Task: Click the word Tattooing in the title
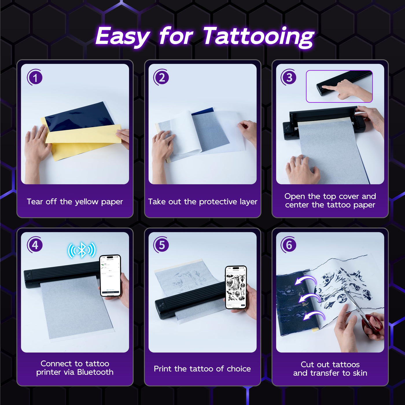pyautogui.click(x=258, y=36)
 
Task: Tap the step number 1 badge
pyautogui.click(x=35, y=78)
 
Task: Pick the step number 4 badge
pyautogui.click(x=35, y=245)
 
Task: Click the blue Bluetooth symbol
pyautogui.click(x=82, y=250)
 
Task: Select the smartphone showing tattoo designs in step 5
pyautogui.click(x=236, y=287)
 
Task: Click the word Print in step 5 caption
pyautogui.click(x=163, y=369)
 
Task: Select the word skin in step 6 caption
pyautogui.click(x=360, y=373)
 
